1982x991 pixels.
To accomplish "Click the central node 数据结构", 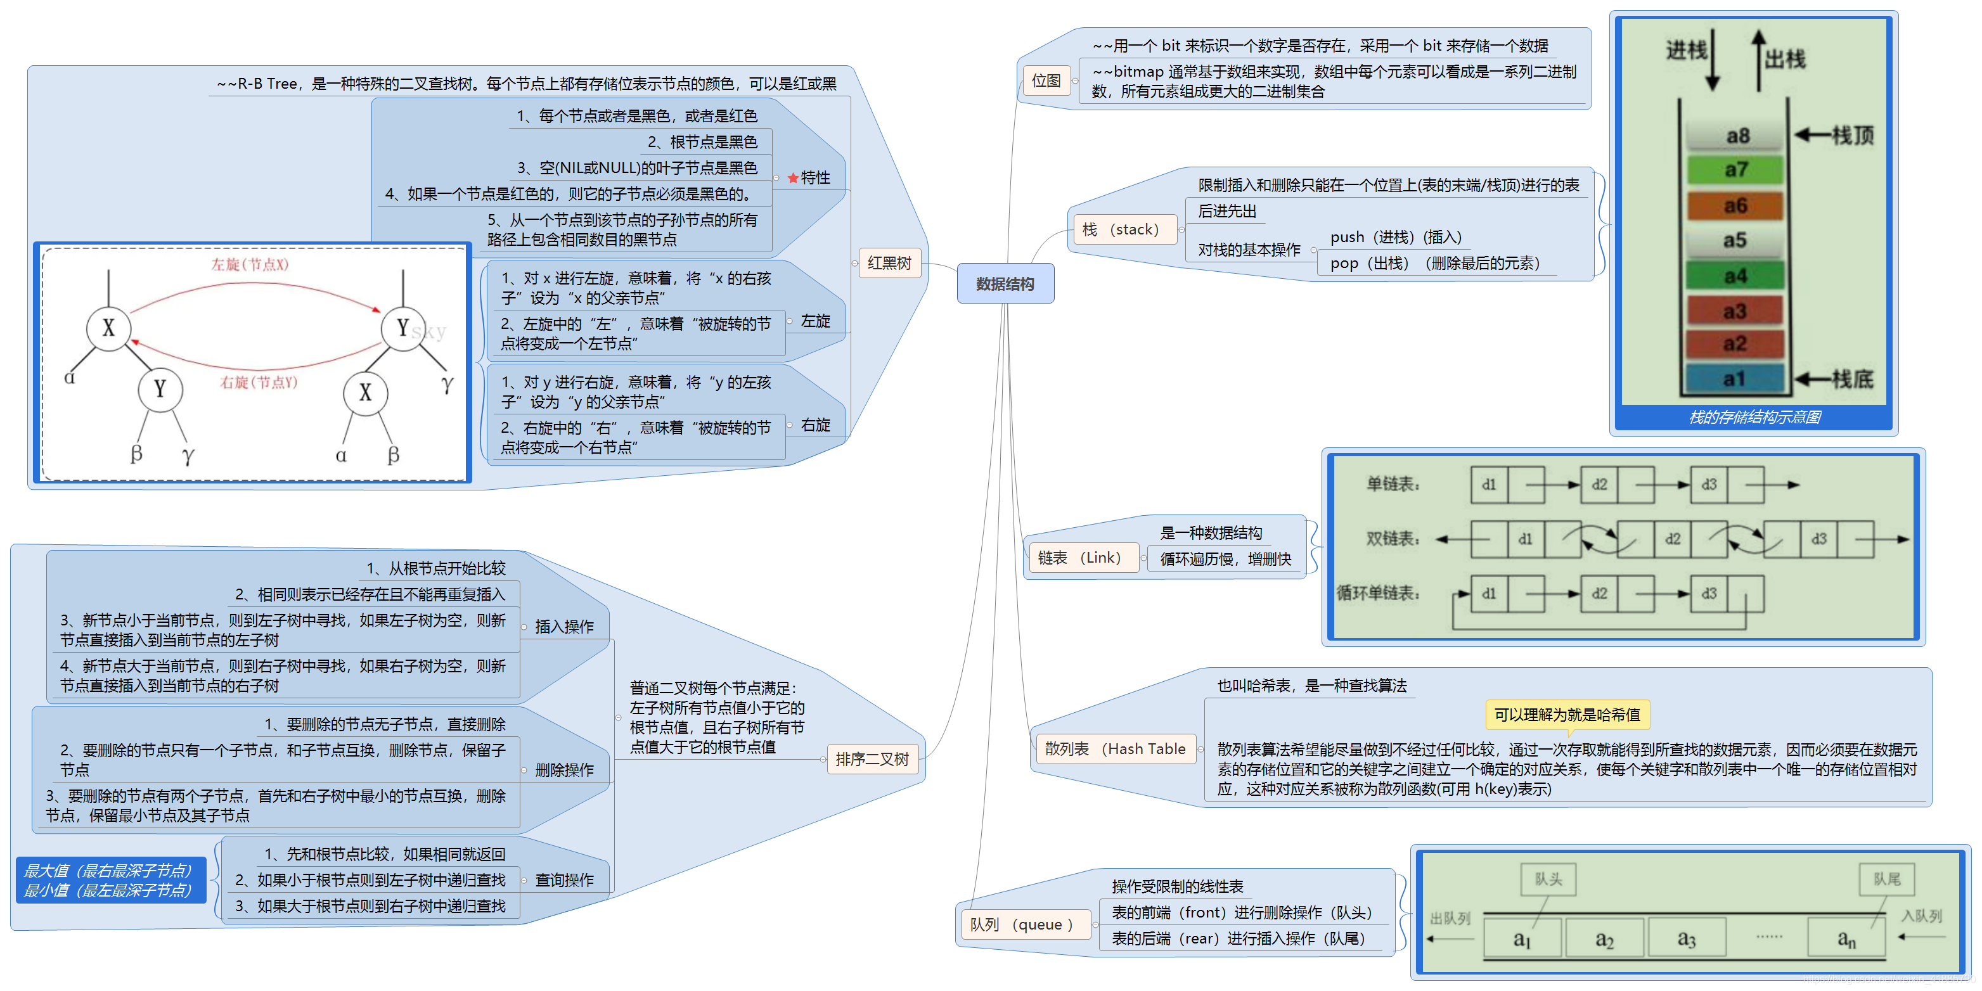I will (x=1005, y=284).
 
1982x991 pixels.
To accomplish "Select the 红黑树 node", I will (x=889, y=263).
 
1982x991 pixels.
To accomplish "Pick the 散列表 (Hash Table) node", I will (x=1114, y=749).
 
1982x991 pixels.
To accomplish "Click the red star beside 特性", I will (x=792, y=179).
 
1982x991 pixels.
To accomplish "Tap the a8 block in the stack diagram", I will (x=1737, y=136).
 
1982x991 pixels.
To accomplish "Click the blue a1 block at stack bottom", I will (x=1734, y=378).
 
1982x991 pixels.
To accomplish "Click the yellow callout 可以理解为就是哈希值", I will (x=1566, y=715).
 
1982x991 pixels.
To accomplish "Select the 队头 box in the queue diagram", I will (x=1548, y=879).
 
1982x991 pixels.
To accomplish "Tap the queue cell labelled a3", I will (x=1686, y=938).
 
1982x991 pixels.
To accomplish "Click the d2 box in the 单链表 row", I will (x=1600, y=485).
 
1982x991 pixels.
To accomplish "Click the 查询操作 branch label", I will (x=564, y=880).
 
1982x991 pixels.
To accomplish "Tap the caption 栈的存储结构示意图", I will (x=1754, y=417).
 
